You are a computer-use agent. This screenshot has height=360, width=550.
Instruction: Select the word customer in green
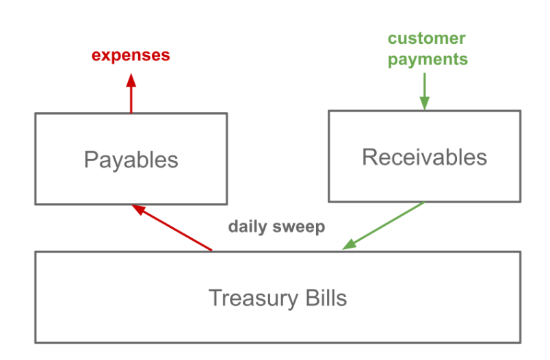427,38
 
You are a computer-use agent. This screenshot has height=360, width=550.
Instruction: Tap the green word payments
428,60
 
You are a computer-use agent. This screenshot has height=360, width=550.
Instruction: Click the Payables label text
131,160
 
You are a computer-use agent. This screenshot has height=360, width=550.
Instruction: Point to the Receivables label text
424,157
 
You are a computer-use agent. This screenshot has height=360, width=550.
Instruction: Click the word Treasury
253,298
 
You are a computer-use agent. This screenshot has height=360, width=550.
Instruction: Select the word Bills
326,298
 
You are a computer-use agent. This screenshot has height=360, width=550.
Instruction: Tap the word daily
248,227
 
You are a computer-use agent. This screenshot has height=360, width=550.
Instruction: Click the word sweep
299,227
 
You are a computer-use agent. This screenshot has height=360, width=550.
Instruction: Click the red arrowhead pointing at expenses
131,80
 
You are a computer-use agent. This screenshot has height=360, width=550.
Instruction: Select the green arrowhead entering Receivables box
425,103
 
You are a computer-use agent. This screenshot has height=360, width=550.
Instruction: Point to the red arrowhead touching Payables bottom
138,209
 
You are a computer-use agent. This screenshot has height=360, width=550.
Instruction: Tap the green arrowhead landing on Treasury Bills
350,244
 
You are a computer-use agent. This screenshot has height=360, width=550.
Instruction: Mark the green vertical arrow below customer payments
425,91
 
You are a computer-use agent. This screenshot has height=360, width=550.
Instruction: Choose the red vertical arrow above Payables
131,93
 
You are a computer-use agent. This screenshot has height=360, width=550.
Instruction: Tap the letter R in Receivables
369,157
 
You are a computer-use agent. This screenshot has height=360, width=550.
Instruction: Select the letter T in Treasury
216,298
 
